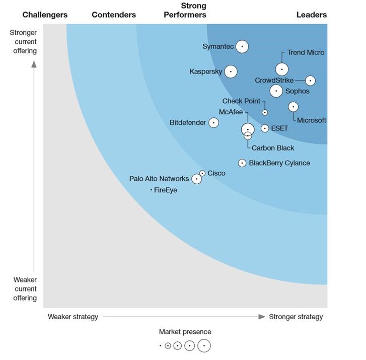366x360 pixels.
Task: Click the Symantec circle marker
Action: [242, 46]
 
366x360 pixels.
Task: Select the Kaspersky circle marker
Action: [231, 71]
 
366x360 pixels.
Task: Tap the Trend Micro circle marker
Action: [282, 69]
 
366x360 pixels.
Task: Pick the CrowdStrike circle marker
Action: [311, 81]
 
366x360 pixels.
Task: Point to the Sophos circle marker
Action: [276, 91]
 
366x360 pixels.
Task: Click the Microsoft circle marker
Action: [293, 107]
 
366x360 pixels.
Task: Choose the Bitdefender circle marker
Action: [213, 122]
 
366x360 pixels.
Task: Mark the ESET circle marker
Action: [265, 128]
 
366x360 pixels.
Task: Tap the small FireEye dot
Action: [151, 190]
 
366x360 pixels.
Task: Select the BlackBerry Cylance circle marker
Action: [242, 163]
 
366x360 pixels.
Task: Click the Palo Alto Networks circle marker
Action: [196, 179]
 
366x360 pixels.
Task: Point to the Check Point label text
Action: [241, 101]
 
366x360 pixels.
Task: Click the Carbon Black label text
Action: [273, 148]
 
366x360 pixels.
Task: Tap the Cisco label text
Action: [216, 173]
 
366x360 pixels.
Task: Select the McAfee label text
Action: [231, 112]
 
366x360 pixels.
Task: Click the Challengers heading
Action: [45, 15]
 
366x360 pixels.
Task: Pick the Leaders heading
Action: [311, 15]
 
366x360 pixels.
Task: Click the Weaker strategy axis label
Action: [73, 317]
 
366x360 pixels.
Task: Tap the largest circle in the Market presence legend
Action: [204, 346]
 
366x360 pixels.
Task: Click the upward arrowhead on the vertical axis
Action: [34, 63]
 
